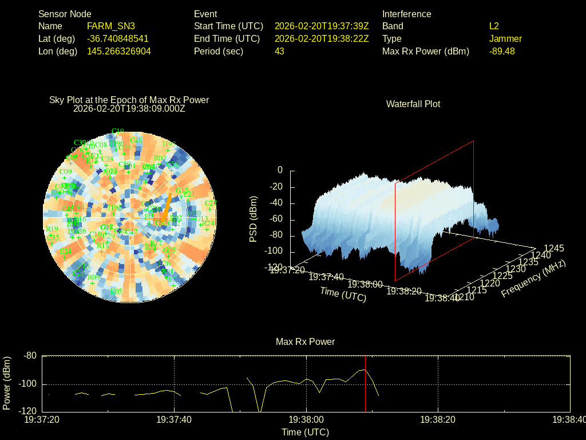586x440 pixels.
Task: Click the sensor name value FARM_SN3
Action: pyautogui.click(x=111, y=26)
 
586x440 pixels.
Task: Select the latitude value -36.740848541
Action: pyautogui.click(x=118, y=39)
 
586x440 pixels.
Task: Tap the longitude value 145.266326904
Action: pyautogui.click(x=119, y=51)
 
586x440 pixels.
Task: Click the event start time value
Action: pyautogui.click(x=322, y=26)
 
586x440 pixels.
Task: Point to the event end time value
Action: pyautogui.click(x=322, y=39)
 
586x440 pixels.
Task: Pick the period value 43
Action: pyautogui.click(x=279, y=51)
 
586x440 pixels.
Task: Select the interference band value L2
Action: pyautogui.click(x=494, y=26)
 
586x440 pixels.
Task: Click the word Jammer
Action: pyautogui.click(x=505, y=39)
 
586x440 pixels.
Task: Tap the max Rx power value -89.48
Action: pyautogui.click(x=502, y=51)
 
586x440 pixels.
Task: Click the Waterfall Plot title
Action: pyautogui.click(x=413, y=104)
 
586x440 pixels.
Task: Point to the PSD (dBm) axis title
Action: pyautogui.click(x=254, y=219)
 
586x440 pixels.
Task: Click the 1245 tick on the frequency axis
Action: pyautogui.click(x=553, y=248)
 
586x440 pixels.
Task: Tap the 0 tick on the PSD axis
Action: pyautogui.click(x=280, y=170)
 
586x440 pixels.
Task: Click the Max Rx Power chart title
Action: pyautogui.click(x=305, y=342)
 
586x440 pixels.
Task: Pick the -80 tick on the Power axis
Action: pyautogui.click(x=30, y=356)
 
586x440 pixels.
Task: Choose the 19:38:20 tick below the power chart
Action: pyautogui.click(x=438, y=420)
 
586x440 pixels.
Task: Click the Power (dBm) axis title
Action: pyautogui.click(x=7, y=383)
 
